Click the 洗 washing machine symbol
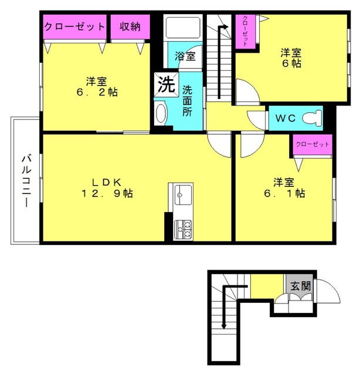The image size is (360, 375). pos(165,84)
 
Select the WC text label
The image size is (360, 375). pos(286,117)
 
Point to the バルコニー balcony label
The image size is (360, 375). pos(26,180)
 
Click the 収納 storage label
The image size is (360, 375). pos(130,26)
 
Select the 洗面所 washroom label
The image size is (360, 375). pos(186,101)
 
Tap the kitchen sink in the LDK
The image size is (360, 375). pos(182,193)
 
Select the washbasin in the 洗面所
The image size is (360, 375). pos(161,113)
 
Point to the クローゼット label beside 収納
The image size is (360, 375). pos(75,26)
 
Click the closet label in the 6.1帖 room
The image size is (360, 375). pos(312,144)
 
